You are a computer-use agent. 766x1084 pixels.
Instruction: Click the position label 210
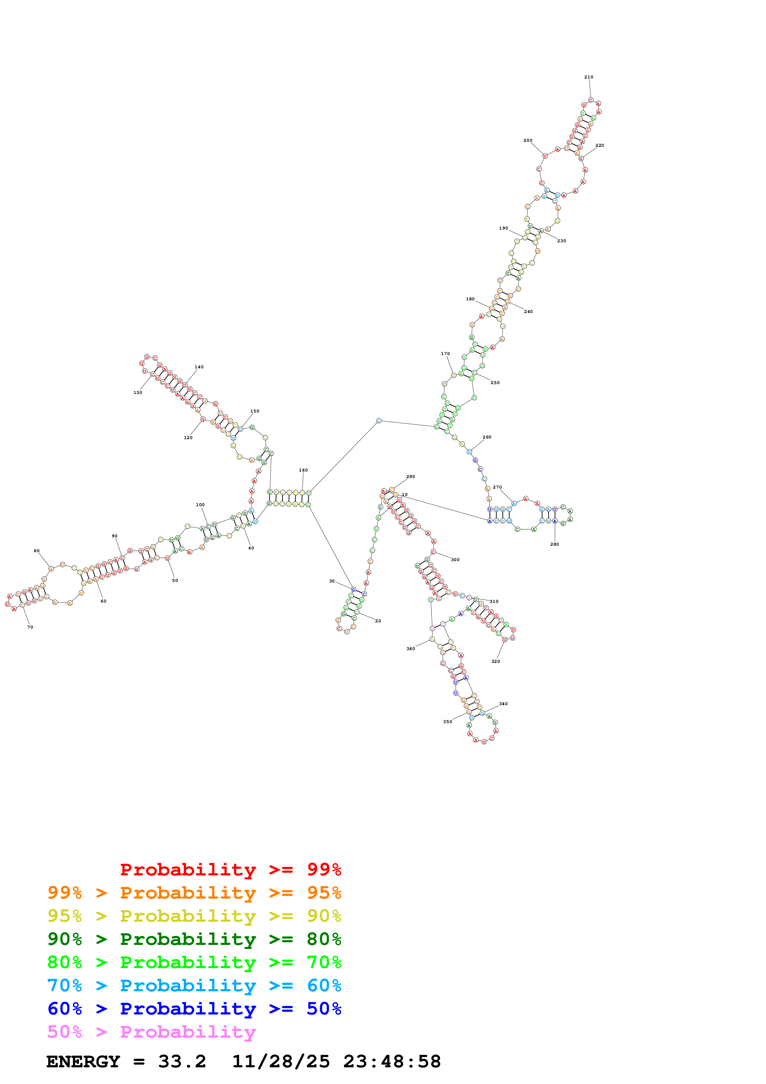[589, 77]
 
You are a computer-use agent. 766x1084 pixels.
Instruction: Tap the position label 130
[138, 392]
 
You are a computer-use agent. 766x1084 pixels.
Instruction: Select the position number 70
[30, 627]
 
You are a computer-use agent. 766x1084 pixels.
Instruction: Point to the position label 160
[303, 470]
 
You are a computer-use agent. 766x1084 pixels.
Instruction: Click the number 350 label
[447, 722]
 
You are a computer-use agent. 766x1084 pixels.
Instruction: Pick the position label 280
[555, 544]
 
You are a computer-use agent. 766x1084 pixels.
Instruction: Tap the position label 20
[378, 621]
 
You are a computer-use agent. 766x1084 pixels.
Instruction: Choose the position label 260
[487, 437]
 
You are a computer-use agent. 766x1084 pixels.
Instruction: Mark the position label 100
[200, 505]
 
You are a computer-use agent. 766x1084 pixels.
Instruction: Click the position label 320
[496, 662]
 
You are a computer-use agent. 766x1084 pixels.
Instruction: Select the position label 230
[562, 241]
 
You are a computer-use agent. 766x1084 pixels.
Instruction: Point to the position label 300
[455, 560]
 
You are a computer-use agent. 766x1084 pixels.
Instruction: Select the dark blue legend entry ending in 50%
[194, 1009]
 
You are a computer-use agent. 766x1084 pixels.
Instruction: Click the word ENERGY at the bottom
[83, 1061]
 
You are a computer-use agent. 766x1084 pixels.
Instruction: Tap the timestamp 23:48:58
[392, 1061]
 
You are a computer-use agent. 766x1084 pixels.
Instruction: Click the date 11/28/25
[281, 1061]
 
